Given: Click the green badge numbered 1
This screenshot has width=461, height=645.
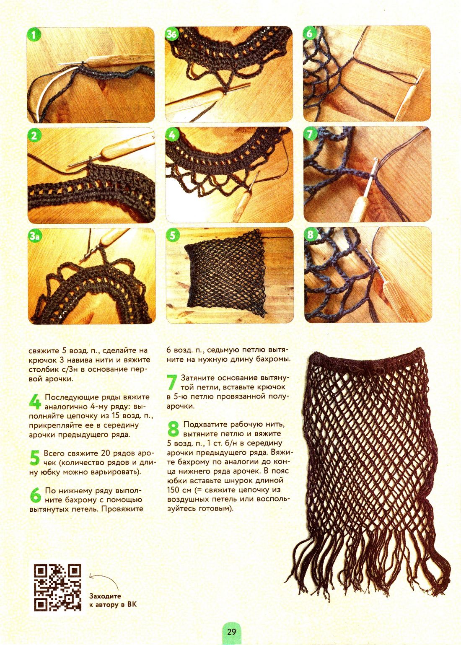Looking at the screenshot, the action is click(x=34, y=35).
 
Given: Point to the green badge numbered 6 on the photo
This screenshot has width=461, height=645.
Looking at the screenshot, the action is click(x=310, y=34).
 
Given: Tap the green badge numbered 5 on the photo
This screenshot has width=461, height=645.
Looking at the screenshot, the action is click(x=173, y=236).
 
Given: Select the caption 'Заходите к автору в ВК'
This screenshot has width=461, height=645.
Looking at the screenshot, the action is click(x=113, y=600).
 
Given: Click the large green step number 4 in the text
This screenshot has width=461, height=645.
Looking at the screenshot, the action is click(x=35, y=402).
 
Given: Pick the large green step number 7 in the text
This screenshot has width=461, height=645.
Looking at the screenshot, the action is click(x=172, y=382).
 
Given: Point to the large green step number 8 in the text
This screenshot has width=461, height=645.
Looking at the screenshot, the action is click(x=174, y=429).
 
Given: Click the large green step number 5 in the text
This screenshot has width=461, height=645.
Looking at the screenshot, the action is click(x=34, y=458).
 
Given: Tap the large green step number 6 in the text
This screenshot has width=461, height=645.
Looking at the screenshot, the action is click(x=36, y=495).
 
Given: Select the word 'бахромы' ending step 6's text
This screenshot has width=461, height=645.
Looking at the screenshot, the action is click(x=274, y=359).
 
